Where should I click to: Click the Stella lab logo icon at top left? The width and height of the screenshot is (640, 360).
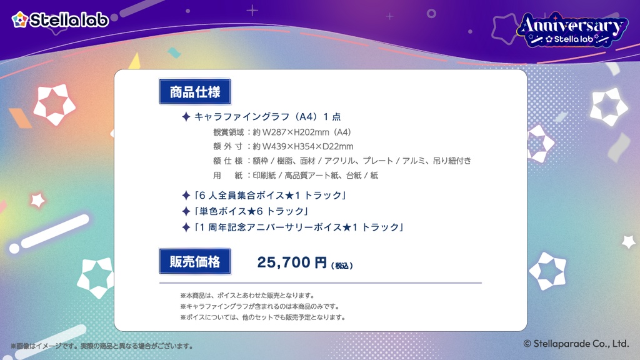click(x=20, y=19)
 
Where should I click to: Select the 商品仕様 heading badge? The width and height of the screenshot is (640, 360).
click(x=195, y=92)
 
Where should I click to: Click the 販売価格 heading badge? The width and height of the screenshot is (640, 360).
click(x=195, y=262)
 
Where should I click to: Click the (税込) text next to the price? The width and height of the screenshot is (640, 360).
click(x=342, y=266)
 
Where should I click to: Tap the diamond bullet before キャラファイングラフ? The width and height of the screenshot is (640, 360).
click(x=186, y=116)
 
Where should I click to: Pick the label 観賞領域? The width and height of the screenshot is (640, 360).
click(x=228, y=132)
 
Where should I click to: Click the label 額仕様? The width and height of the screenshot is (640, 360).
click(x=228, y=161)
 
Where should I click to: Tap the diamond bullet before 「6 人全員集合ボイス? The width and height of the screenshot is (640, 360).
click(x=186, y=196)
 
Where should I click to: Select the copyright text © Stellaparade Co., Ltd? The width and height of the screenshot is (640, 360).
click(x=575, y=343)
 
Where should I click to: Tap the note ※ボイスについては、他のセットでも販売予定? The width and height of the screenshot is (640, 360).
click(x=262, y=317)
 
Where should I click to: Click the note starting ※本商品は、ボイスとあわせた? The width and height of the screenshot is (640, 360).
click(x=247, y=295)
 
